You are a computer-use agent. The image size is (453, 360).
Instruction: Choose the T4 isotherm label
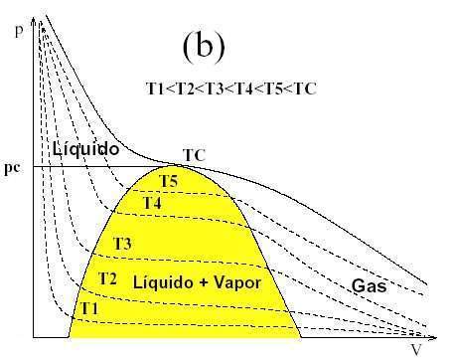point(151,203)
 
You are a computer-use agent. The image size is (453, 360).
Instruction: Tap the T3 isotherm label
point(122,244)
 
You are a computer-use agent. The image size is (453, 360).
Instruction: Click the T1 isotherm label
point(89,308)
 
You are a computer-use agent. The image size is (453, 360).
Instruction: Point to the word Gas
point(369,286)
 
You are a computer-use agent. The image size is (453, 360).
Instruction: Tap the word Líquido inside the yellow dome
point(161,282)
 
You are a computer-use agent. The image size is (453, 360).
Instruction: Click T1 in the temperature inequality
point(157,88)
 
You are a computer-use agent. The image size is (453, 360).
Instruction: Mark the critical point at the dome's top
point(186,166)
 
